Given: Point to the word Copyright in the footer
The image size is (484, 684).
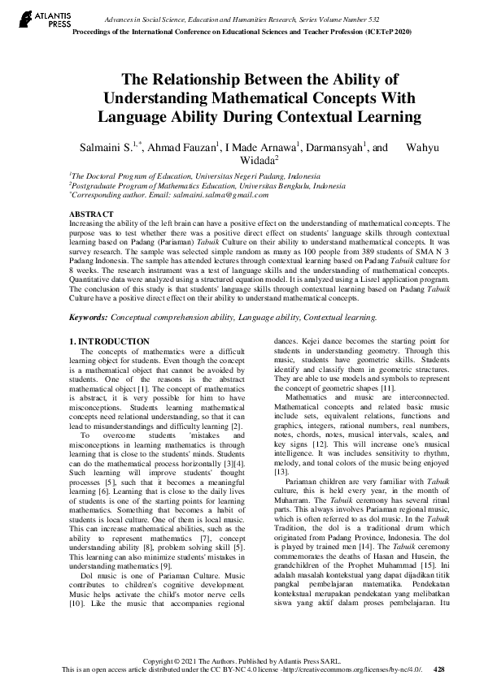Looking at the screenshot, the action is [x=169, y=661].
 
